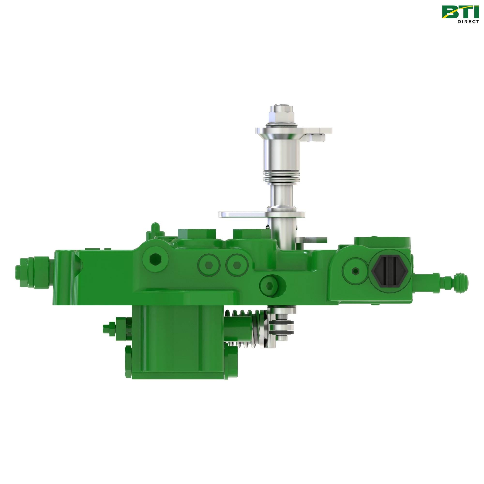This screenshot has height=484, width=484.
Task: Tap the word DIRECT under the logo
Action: [x=468, y=22]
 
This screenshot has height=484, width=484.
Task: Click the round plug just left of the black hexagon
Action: [x=355, y=271]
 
